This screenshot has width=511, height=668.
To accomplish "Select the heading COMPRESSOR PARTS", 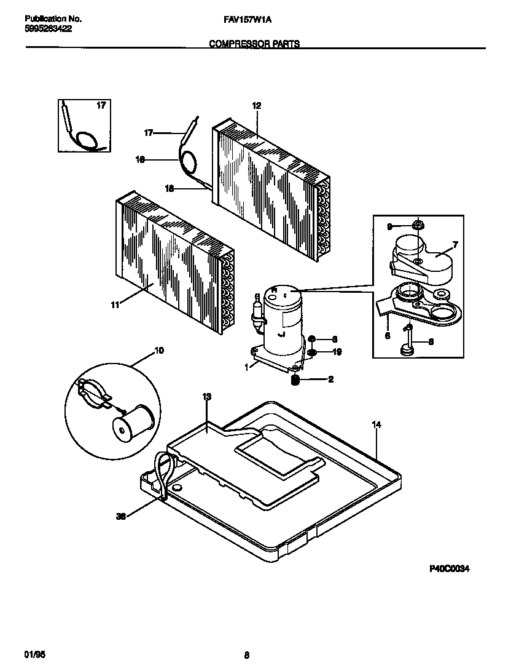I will point(254,44).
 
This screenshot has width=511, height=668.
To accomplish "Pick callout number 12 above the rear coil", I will point(257,106).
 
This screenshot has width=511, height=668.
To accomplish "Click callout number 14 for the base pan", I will point(376,425).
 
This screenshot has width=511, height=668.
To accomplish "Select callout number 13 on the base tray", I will point(206,397).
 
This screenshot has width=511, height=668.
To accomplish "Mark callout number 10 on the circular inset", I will point(159,351).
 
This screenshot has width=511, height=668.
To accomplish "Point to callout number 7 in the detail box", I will point(454,245).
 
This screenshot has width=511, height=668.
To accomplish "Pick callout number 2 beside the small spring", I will point(330,380).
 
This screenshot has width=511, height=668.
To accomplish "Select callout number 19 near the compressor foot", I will point(337,352).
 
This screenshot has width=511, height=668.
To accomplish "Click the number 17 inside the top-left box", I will point(101,106).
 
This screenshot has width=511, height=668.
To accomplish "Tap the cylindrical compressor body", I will point(281,320).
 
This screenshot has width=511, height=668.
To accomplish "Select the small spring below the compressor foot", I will point(295,380).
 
